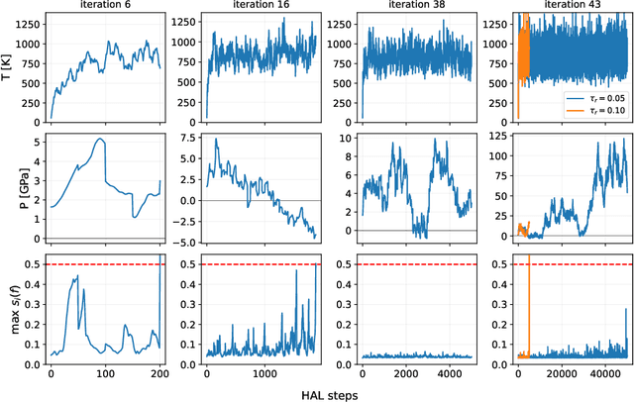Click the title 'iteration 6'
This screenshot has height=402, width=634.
pos(106,7)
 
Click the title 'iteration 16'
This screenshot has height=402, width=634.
pos(262,7)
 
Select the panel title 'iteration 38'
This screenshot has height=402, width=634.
pos(417,7)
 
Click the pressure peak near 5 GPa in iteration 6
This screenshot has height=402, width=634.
pos(100,140)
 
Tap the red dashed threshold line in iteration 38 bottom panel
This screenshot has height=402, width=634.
pos(417,264)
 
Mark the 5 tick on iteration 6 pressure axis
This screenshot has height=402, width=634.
pos(35,142)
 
